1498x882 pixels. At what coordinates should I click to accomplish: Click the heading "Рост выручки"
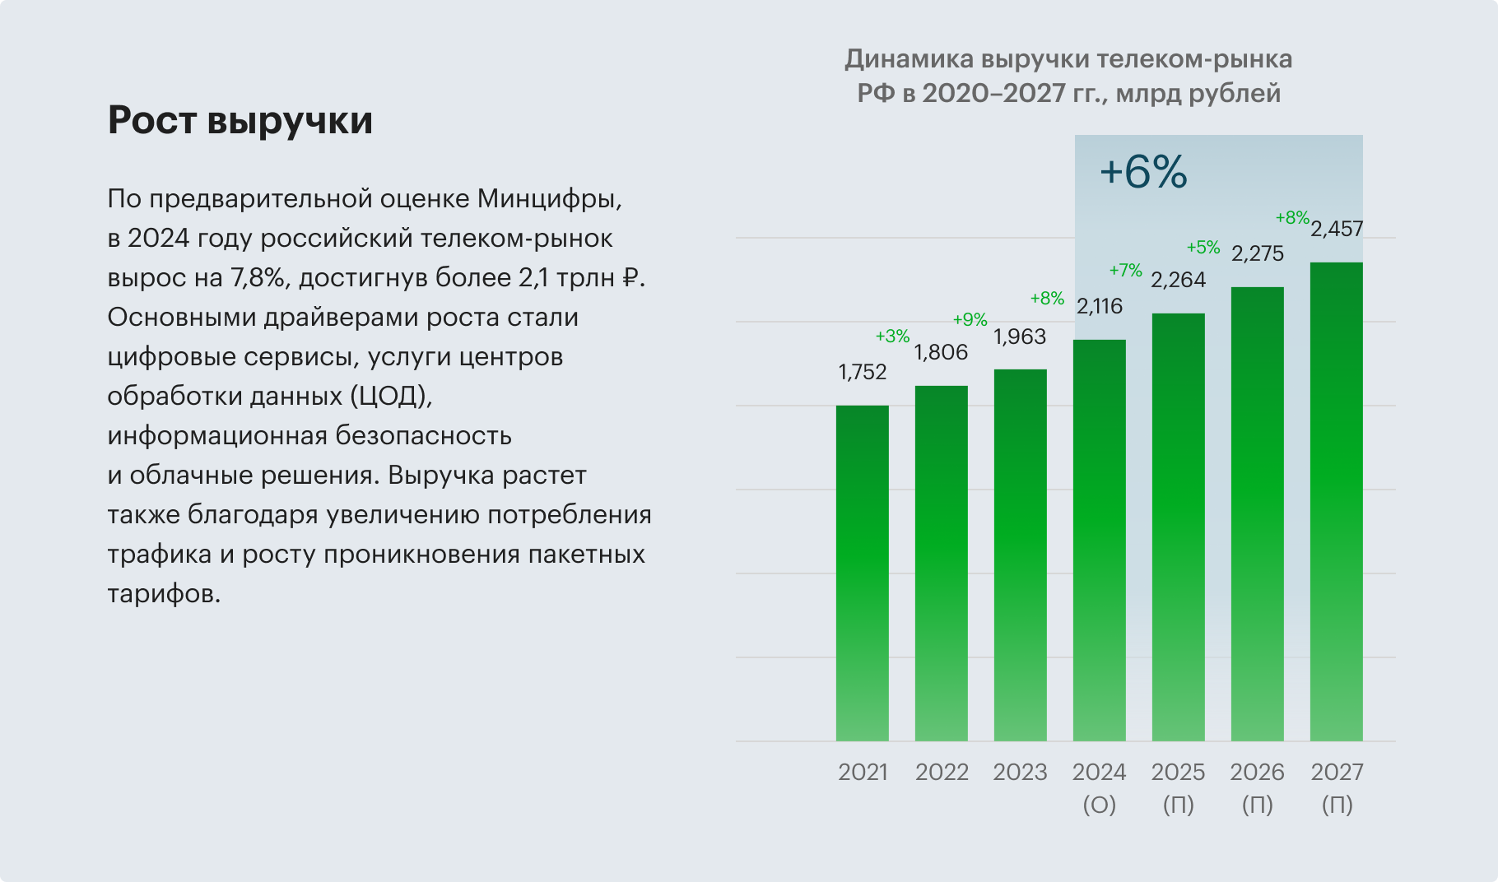click(x=240, y=120)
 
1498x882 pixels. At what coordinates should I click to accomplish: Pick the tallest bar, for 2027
click(x=1336, y=502)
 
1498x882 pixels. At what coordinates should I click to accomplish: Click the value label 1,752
click(x=862, y=373)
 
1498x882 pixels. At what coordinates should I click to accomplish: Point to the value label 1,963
click(x=1020, y=337)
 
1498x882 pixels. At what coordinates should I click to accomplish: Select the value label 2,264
click(x=1178, y=281)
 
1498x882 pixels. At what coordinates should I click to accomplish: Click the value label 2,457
click(x=1337, y=230)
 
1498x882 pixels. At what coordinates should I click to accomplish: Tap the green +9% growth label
click(x=970, y=320)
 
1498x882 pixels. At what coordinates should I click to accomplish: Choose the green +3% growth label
click(x=892, y=337)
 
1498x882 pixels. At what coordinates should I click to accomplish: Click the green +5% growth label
click(x=1203, y=248)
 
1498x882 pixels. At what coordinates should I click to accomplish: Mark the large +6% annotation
click(x=1143, y=173)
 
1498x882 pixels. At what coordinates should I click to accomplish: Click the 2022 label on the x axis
click(x=942, y=773)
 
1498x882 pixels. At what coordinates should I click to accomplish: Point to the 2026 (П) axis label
click(x=1257, y=787)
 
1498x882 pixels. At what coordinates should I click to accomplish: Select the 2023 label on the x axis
click(x=1020, y=773)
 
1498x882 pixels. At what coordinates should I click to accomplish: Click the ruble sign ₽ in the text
click(x=630, y=278)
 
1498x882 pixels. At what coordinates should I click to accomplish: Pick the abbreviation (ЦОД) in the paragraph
click(x=391, y=397)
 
